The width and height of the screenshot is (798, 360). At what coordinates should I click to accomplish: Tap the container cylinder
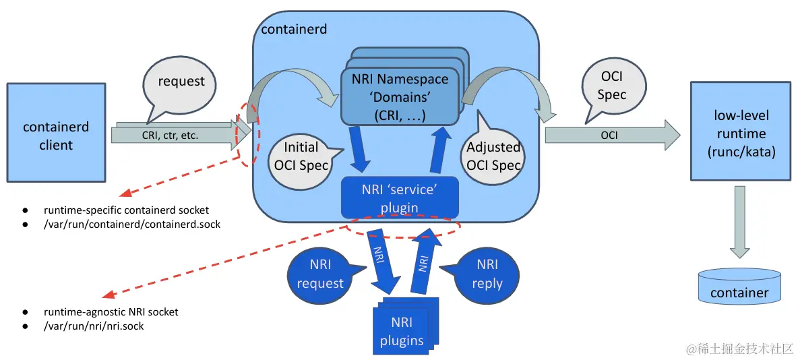[739, 286]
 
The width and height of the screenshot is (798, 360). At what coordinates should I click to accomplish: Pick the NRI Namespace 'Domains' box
[402, 97]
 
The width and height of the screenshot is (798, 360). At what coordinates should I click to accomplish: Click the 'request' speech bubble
[181, 82]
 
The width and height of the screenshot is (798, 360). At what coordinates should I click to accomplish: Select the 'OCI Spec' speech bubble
[611, 86]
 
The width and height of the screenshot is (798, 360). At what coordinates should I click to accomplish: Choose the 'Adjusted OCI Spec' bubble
[493, 156]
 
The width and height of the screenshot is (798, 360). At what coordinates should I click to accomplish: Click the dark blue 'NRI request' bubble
[319, 274]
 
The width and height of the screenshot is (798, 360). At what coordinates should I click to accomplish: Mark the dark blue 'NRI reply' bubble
[487, 274]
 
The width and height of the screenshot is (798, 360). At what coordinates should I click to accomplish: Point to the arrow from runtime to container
[739, 222]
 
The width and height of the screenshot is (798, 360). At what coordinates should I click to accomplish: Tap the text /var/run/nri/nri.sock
[94, 326]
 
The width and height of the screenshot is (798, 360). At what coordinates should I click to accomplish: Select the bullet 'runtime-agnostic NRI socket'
[111, 312]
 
